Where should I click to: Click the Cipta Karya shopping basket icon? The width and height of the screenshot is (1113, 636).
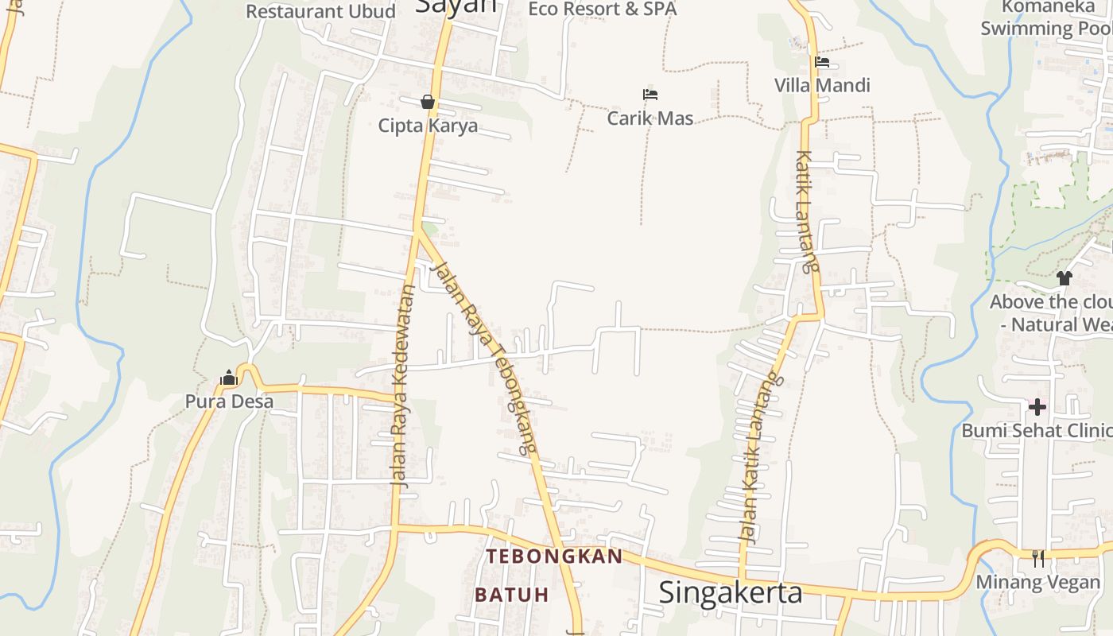[x=428, y=102]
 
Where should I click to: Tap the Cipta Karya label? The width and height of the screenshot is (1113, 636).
[x=428, y=126]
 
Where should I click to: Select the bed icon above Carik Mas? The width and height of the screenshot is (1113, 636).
[x=650, y=95]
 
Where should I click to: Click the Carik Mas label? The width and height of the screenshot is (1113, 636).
[x=650, y=118]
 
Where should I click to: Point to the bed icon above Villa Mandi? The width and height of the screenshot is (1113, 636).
[x=822, y=62]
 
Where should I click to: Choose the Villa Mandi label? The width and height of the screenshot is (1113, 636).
[x=823, y=85]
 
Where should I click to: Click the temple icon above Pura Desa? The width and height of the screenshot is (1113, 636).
[x=229, y=378]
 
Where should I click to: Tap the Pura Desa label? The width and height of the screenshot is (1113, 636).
[x=229, y=401]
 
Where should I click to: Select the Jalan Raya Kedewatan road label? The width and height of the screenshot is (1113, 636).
[x=404, y=386]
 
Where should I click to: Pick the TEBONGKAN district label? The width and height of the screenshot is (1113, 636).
[x=554, y=556]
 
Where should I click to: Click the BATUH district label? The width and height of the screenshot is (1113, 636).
[x=512, y=595]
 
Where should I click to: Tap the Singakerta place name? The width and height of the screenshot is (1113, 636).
[x=731, y=593]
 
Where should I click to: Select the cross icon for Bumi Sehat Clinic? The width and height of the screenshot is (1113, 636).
[x=1037, y=407]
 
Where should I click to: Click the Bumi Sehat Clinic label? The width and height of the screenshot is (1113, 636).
[x=1036, y=431]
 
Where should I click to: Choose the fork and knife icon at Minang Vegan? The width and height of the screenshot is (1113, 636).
[x=1038, y=559]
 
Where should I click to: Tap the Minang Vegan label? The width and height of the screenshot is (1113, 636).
[x=1038, y=582]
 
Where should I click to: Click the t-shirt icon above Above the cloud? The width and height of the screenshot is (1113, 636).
[x=1065, y=278]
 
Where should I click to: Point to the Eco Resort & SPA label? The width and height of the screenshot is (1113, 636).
[x=603, y=9]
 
